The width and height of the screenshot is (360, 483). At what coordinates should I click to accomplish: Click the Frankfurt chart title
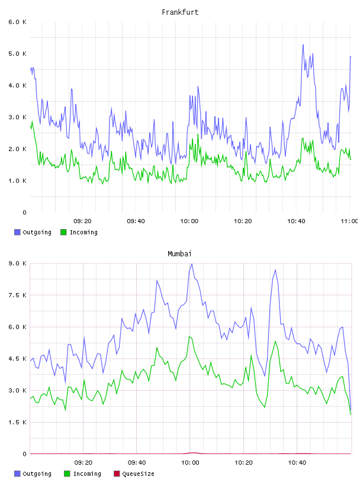pyautogui.click(x=180, y=12)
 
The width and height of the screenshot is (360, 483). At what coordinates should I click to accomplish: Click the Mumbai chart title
pyautogui.click(x=179, y=253)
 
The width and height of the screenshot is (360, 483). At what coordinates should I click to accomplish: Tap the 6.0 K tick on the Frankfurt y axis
pyautogui.click(x=17, y=22)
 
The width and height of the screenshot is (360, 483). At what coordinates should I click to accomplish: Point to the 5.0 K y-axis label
pyautogui.click(x=17, y=54)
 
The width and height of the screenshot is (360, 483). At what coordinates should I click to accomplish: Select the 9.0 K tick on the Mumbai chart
pyautogui.click(x=17, y=263)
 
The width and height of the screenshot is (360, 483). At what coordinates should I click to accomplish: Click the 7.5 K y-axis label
pyautogui.click(x=17, y=295)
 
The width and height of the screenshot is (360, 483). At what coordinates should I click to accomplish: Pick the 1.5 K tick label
pyautogui.click(x=17, y=422)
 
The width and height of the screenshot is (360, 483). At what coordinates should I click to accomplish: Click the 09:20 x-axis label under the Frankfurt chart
pyautogui.click(x=82, y=221)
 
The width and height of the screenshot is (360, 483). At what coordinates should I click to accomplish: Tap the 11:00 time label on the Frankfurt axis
pyautogui.click(x=349, y=221)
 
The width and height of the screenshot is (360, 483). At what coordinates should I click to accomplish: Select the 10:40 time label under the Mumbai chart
pyautogui.click(x=297, y=462)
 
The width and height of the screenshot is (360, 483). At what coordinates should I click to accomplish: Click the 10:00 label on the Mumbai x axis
pyautogui.click(x=190, y=462)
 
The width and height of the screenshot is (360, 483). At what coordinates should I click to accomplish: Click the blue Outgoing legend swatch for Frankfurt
pyautogui.click(x=17, y=232)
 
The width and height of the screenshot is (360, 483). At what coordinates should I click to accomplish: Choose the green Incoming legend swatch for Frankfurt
pyautogui.click(x=63, y=232)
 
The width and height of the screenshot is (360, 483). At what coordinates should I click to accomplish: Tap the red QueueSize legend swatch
pyautogui.click(x=117, y=474)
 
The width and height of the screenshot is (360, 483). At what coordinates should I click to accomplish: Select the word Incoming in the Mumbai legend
pyautogui.click(x=87, y=474)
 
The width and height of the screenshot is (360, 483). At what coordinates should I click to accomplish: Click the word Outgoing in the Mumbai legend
pyautogui.click(x=37, y=474)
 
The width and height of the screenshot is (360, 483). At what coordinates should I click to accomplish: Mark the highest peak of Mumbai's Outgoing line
pyautogui.click(x=192, y=263)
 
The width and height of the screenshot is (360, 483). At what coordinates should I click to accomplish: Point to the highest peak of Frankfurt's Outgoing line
pyautogui.click(x=303, y=44)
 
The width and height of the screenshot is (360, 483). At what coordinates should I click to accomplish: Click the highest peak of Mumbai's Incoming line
pyautogui.click(x=189, y=337)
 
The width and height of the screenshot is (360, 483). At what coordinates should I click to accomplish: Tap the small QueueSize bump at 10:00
pyautogui.click(x=192, y=452)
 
